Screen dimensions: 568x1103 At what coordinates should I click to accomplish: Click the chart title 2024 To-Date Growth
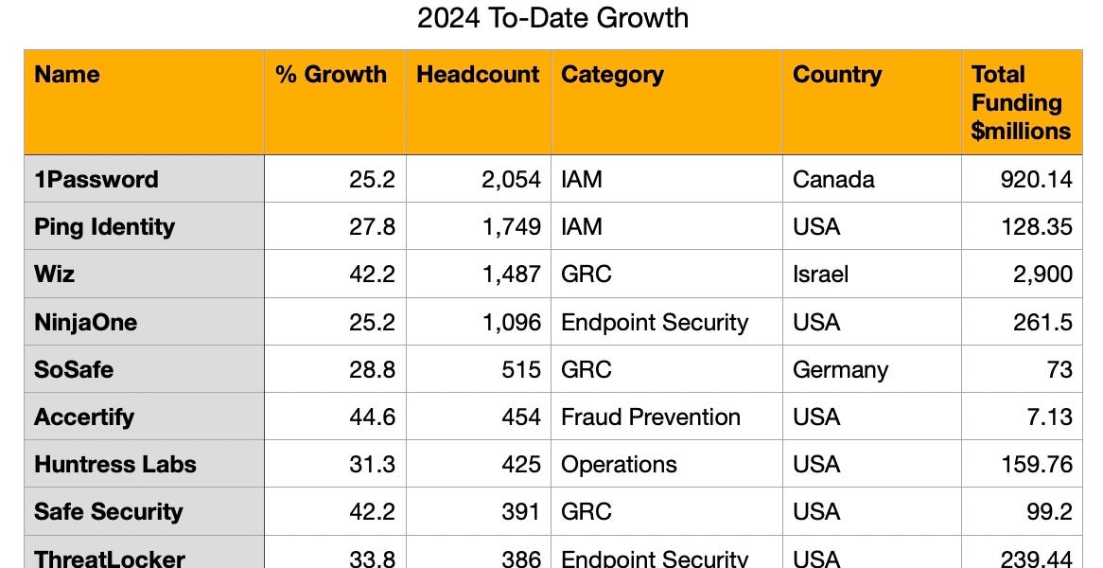(x=552, y=18)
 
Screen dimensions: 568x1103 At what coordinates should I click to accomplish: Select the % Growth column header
(x=331, y=76)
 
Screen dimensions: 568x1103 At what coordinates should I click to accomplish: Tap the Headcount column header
(x=478, y=76)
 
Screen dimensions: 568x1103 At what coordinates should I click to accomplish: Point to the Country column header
(x=837, y=76)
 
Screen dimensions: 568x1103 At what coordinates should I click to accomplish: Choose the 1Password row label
(x=96, y=180)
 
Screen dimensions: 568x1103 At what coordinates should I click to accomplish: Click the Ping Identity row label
(x=104, y=227)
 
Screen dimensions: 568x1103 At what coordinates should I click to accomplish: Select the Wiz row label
(x=55, y=275)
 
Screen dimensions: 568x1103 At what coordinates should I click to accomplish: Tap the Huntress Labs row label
(x=115, y=465)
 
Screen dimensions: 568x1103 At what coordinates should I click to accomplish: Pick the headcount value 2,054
(x=511, y=180)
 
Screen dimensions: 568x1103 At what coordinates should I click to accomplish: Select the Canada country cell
(x=833, y=180)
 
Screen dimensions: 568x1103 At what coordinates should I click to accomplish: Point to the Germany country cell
(x=840, y=369)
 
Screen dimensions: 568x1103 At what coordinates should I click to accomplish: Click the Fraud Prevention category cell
(x=651, y=417)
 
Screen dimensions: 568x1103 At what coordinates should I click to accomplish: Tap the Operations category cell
(x=619, y=465)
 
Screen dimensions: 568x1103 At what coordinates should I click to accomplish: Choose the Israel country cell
(x=820, y=275)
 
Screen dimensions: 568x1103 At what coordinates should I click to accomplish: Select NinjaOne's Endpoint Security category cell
(x=655, y=323)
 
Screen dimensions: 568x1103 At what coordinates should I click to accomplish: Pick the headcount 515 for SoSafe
(x=521, y=369)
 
